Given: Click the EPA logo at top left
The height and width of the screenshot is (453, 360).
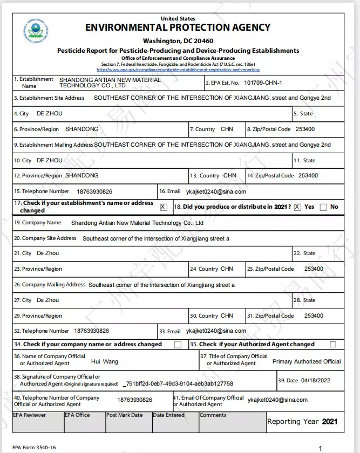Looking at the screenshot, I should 36,32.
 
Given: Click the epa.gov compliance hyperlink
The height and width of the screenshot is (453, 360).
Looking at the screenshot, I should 178,70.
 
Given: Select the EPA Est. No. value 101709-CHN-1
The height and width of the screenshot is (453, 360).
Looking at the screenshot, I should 263,83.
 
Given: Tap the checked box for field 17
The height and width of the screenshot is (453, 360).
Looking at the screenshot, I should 164,207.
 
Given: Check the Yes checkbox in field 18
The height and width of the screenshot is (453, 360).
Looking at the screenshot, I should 297,207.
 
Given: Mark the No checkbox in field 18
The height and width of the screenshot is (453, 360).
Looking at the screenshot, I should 323,207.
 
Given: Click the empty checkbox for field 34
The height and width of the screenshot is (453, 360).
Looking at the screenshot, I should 178,345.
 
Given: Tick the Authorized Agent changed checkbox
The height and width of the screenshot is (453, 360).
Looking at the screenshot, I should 332,345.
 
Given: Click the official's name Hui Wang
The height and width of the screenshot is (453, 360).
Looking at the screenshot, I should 104,361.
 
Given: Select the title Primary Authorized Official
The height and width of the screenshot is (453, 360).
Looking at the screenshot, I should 306,361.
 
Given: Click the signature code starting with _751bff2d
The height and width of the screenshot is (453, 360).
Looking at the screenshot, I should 178,383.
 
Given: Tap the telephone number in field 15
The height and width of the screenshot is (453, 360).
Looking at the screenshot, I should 94,191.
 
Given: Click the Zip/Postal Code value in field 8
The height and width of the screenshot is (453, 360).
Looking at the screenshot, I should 305,129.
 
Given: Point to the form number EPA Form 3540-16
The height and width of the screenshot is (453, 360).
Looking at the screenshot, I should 34,448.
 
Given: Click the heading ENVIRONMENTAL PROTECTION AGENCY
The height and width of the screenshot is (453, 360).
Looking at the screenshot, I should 178,28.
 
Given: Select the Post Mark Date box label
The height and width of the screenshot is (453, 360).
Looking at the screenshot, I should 125,415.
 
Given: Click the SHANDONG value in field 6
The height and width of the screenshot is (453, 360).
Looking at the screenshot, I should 82,129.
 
